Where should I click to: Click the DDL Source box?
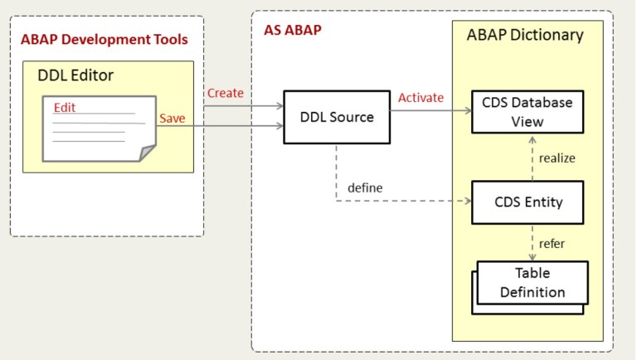tap(336, 117)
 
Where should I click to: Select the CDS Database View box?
tap(527, 112)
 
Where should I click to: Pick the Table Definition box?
tap(532, 283)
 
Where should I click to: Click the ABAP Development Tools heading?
tap(105, 39)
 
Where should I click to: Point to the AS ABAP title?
tap(286, 30)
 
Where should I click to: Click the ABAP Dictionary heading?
tap(524, 35)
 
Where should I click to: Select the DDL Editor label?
tap(75, 75)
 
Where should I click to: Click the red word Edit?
tap(65, 108)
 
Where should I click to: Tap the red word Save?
tap(172, 119)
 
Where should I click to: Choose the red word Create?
tap(225, 93)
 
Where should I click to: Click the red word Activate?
tap(421, 98)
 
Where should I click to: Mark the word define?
tap(365, 187)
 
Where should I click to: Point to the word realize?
tap(557, 158)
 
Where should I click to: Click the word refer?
tap(552, 244)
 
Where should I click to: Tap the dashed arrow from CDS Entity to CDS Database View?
tap(532, 158)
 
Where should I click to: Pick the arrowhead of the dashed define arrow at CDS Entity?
tap(466, 201)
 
